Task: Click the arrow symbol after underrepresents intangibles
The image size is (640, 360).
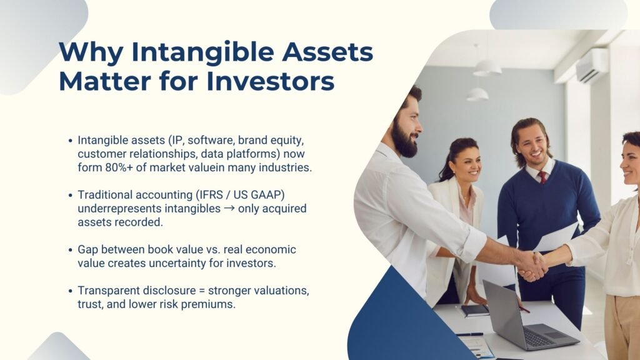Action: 231,209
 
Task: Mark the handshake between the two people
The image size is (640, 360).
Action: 531,265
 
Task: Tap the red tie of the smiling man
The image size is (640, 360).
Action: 542,177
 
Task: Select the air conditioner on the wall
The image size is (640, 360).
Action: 591,66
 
